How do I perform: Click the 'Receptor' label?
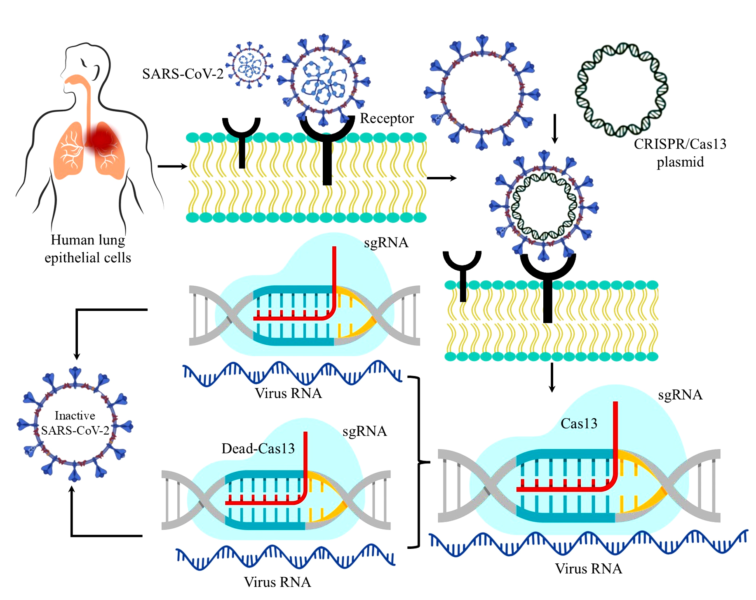[387, 118]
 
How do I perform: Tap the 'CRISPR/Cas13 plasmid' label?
[680, 153]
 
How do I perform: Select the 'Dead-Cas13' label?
[258, 448]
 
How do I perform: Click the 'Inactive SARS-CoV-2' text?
[75, 423]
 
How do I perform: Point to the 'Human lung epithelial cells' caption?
[88, 249]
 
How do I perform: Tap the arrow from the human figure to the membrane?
[172, 166]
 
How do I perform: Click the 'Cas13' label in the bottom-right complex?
[579, 424]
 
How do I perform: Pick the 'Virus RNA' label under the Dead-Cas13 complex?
[277, 582]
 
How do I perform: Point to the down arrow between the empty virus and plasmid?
[555, 129]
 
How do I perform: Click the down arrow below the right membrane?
[552, 377]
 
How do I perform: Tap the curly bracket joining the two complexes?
[419, 462]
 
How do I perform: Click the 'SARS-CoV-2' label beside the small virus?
[183, 74]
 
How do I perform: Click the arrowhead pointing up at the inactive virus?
[72, 489]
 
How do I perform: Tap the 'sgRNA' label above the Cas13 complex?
[680, 395]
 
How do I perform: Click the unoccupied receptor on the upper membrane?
[242, 143]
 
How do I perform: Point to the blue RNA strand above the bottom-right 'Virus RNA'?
[588, 544]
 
